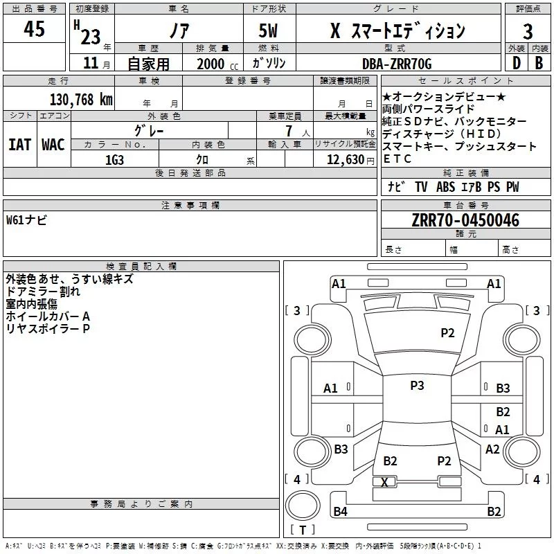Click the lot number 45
point(34,30)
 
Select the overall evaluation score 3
point(528,31)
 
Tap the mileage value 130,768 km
point(81,99)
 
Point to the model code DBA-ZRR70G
point(397,64)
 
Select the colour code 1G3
point(114,159)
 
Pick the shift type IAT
point(20,145)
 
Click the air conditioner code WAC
point(53,145)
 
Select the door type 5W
point(269,31)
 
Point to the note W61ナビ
point(27,220)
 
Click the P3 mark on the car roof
point(417,386)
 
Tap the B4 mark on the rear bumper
point(340,512)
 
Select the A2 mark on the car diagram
point(492,449)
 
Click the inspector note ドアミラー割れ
point(43,292)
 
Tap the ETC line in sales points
point(397,159)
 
